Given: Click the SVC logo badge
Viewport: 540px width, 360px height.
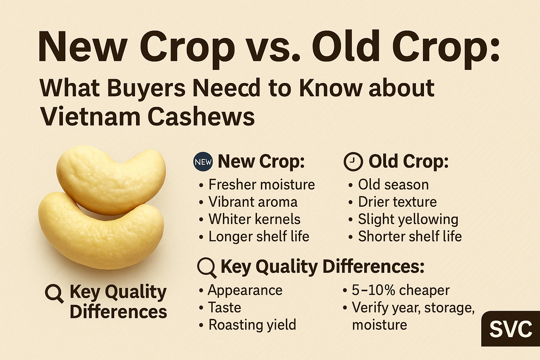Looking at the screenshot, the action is (510, 329).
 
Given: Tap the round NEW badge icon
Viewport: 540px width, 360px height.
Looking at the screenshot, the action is (203, 162).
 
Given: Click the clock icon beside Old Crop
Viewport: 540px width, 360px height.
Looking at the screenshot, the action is (353, 162).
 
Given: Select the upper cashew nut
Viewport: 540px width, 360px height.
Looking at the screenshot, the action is (111, 180).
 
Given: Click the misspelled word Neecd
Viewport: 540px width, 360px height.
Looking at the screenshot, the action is (227, 88).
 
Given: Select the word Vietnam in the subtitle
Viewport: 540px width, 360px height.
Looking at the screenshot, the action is (91, 116).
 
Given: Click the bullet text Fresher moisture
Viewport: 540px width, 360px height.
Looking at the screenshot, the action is (262, 185).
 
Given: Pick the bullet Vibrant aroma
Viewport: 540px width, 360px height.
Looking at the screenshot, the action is (253, 202).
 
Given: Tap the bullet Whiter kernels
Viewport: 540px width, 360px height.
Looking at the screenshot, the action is (255, 219).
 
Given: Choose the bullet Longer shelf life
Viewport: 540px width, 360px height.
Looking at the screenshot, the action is (259, 236).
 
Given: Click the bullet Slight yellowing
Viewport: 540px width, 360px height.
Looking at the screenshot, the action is (408, 220).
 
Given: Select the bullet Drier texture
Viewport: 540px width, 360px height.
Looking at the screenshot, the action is (397, 202).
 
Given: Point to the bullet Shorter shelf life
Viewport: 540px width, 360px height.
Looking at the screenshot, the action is (410, 236).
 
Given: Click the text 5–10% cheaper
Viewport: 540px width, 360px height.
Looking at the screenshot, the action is (401, 290).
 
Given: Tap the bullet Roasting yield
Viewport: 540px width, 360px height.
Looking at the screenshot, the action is (252, 325).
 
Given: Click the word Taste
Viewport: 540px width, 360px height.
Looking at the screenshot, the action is (225, 308).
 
